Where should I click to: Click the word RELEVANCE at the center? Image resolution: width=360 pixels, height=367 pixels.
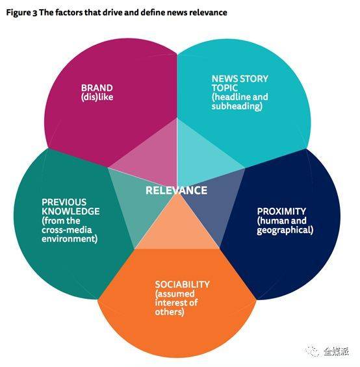176,190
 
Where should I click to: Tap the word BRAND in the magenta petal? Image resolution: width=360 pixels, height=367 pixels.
97,88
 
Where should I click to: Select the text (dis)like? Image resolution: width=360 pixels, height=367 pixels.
97,97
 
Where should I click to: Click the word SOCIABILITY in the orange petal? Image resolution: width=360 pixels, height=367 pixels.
182,285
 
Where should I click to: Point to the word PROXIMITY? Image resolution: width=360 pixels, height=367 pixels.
281,211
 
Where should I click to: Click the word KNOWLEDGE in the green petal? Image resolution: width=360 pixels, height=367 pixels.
71,211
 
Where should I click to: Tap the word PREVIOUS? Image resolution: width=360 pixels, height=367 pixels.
64,202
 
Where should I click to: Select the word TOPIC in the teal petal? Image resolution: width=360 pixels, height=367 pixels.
225,88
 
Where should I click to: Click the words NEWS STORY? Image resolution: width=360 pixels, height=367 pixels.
240,79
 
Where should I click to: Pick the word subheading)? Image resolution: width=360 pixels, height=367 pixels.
237,107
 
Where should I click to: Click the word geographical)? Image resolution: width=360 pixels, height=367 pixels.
285,230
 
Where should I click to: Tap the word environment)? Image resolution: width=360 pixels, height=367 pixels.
70,239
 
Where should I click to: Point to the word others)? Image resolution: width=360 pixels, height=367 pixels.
170,312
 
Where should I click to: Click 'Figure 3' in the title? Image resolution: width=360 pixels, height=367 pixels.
21,12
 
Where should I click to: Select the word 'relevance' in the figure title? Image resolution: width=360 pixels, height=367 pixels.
208,12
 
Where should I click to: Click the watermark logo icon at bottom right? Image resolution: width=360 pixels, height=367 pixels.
313,350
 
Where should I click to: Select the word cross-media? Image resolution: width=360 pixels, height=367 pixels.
67,230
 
